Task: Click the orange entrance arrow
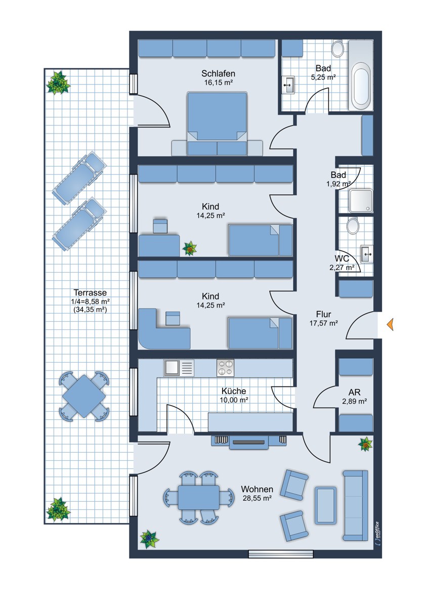[x=390, y=324]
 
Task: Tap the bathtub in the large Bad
[x=361, y=75]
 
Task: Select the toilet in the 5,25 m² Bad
[x=337, y=48]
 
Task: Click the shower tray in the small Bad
[x=361, y=201]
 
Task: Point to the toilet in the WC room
[x=353, y=225]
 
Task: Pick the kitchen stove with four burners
[x=225, y=368]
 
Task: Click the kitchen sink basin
[x=171, y=368]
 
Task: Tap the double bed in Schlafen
[x=217, y=124]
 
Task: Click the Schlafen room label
[x=218, y=73]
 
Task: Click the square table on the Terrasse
[x=84, y=396]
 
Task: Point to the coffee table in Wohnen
[x=325, y=502]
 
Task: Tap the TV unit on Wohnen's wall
[x=248, y=442]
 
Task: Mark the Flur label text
[x=324, y=314]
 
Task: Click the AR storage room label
[x=355, y=392]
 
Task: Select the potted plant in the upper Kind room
[x=189, y=248]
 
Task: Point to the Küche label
[x=234, y=391]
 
